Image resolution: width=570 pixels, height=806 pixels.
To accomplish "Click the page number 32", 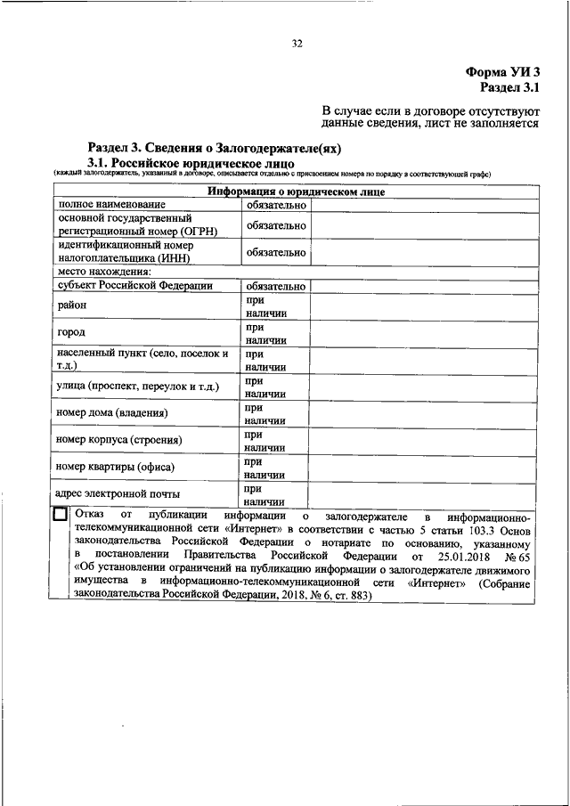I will tap(297, 43).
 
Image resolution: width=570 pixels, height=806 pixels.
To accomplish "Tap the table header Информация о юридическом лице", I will tap(297, 191).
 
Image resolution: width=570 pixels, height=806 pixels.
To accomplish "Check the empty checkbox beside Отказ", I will tap(60, 515).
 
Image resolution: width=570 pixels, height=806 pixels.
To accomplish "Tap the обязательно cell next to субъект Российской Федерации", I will tap(276, 287).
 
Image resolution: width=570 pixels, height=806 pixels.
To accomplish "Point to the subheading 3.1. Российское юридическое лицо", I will tap(186, 164).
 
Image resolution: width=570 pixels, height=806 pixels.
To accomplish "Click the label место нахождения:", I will tap(104, 272).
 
